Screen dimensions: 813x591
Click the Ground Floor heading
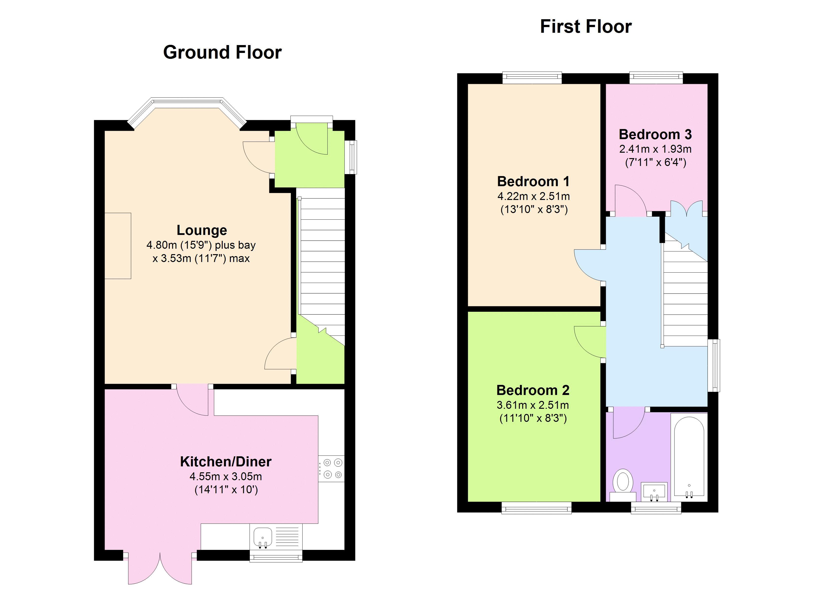coord(222,52)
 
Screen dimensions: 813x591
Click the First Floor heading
coord(586,27)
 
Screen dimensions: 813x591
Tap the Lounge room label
coord(202,230)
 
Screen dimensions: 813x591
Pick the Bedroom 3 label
coord(655,134)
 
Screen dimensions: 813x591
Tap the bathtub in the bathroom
coord(689,457)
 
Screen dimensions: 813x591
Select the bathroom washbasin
coord(654,491)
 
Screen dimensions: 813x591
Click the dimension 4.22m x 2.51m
coord(533,197)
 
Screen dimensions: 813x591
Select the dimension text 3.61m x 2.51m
coord(533,405)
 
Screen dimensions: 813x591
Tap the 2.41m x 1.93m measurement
coord(655,149)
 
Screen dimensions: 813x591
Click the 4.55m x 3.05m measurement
coord(226,477)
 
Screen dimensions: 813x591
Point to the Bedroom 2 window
coord(536,508)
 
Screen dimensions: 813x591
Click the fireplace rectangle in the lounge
coord(118,246)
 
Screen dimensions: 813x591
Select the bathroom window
coord(656,508)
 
